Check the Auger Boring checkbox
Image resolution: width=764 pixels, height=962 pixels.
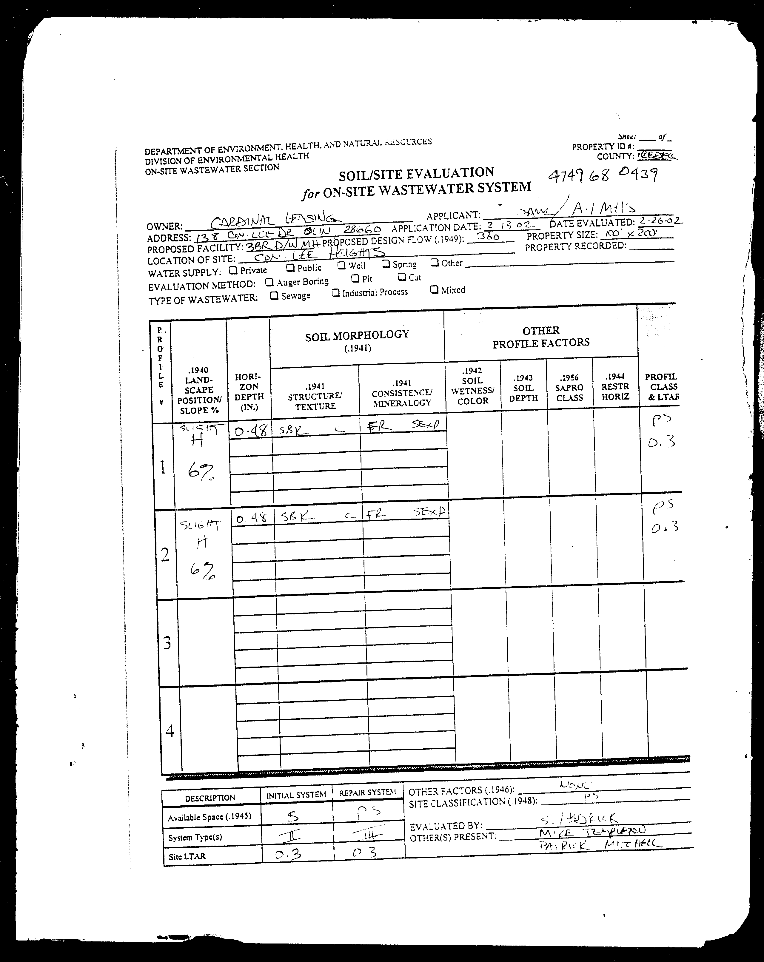(x=269, y=282)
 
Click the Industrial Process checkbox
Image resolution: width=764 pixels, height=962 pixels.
(x=335, y=293)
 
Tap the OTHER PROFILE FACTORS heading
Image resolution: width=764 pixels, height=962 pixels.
(x=541, y=337)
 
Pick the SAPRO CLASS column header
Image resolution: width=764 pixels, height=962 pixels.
(x=569, y=387)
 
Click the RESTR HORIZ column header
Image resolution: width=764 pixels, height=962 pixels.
(x=615, y=386)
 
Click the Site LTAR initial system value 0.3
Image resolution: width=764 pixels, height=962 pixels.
(x=288, y=854)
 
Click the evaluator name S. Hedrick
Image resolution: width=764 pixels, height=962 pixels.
(x=578, y=818)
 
